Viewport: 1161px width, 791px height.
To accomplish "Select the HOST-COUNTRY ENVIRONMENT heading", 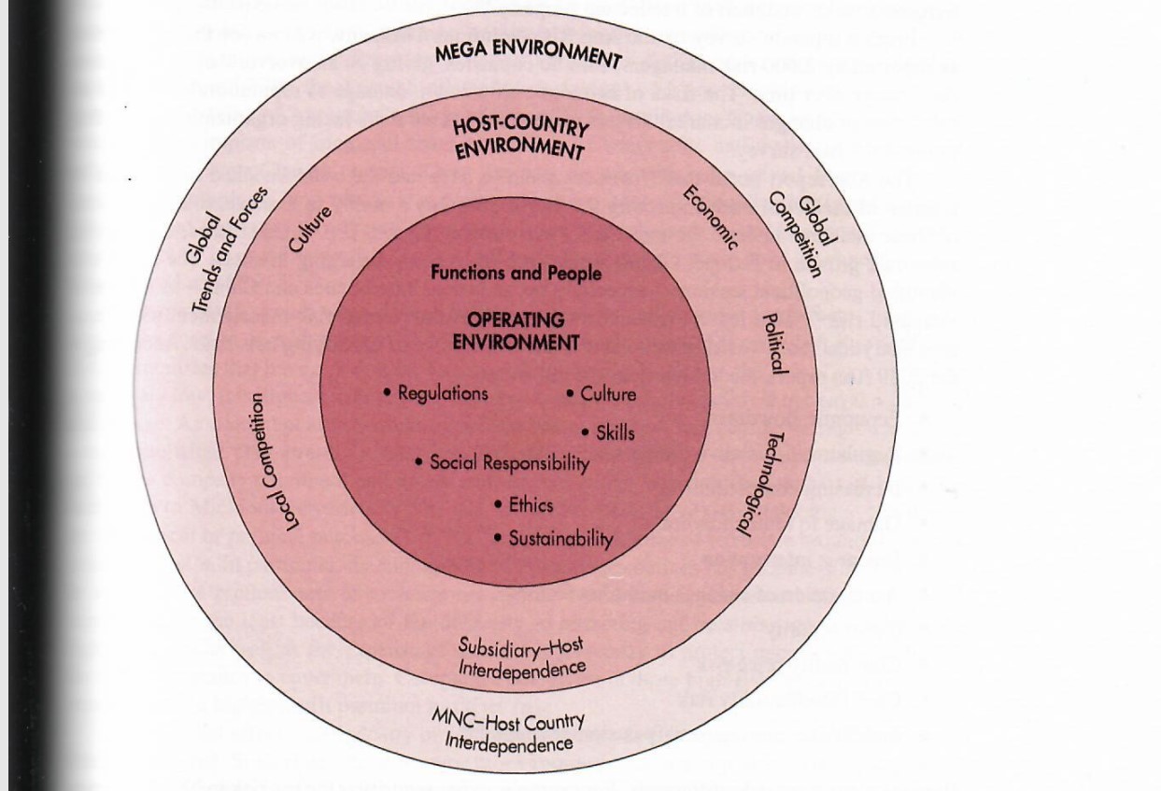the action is click(x=518, y=137).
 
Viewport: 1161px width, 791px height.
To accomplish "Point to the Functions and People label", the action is click(x=516, y=274).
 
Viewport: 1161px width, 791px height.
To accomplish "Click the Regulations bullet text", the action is click(x=442, y=393).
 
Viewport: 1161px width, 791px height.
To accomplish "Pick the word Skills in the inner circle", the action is click(x=615, y=432).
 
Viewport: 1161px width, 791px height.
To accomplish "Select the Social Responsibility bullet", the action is click(x=509, y=463).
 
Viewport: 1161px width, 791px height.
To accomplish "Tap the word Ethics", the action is click(x=530, y=505).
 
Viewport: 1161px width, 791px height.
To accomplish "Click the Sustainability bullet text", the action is click(x=560, y=539).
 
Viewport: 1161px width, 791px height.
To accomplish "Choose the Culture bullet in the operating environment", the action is click(x=607, y=394).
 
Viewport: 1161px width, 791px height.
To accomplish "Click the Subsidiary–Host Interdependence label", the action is click(x=522, y=657).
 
